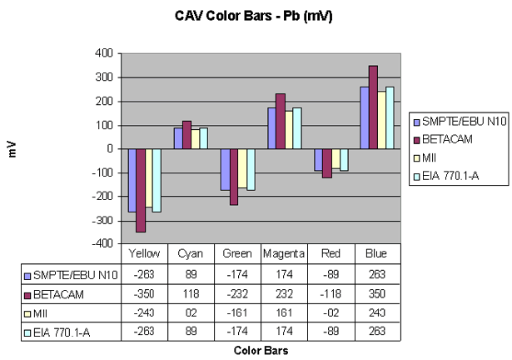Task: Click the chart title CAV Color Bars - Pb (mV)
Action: pyautogui.click(x=256, y=15)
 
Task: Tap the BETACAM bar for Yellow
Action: pyautogui.click(x=142, y=190)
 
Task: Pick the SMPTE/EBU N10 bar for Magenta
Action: pyautogui.click(x=271, y=127)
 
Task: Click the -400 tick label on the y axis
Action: pyautogui.click(x=100, y=244)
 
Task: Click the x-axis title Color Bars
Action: pyautogui.click(x=261, y=351)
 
